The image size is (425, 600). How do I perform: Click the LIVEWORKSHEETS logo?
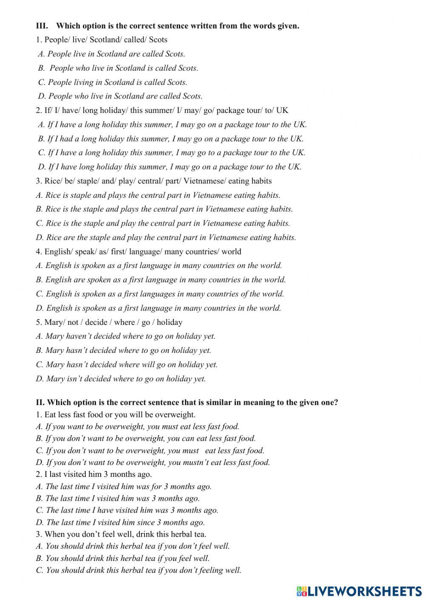(359, 591)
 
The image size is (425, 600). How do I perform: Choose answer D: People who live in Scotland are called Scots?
(120, 96)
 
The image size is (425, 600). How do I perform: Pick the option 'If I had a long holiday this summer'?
(170, 138)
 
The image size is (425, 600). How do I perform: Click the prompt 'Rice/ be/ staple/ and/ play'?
(153, 181)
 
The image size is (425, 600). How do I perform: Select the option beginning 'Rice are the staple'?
(166, 237)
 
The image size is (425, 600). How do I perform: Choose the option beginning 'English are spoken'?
(161, 279)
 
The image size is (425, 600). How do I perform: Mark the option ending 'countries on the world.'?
(159, 265)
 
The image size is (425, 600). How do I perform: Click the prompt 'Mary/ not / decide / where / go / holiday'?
(109, 322)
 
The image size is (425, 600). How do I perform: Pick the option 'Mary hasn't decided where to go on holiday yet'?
(123, 350)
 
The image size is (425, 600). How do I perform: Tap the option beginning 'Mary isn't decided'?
(121, 378)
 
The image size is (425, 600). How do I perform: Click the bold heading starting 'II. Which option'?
(187, 402)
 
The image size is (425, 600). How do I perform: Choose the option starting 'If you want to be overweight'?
(138, 426)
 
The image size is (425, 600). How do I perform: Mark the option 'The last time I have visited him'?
(127, 510)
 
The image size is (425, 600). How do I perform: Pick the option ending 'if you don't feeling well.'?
(139, 570)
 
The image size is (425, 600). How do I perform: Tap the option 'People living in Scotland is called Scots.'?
(113, 82)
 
